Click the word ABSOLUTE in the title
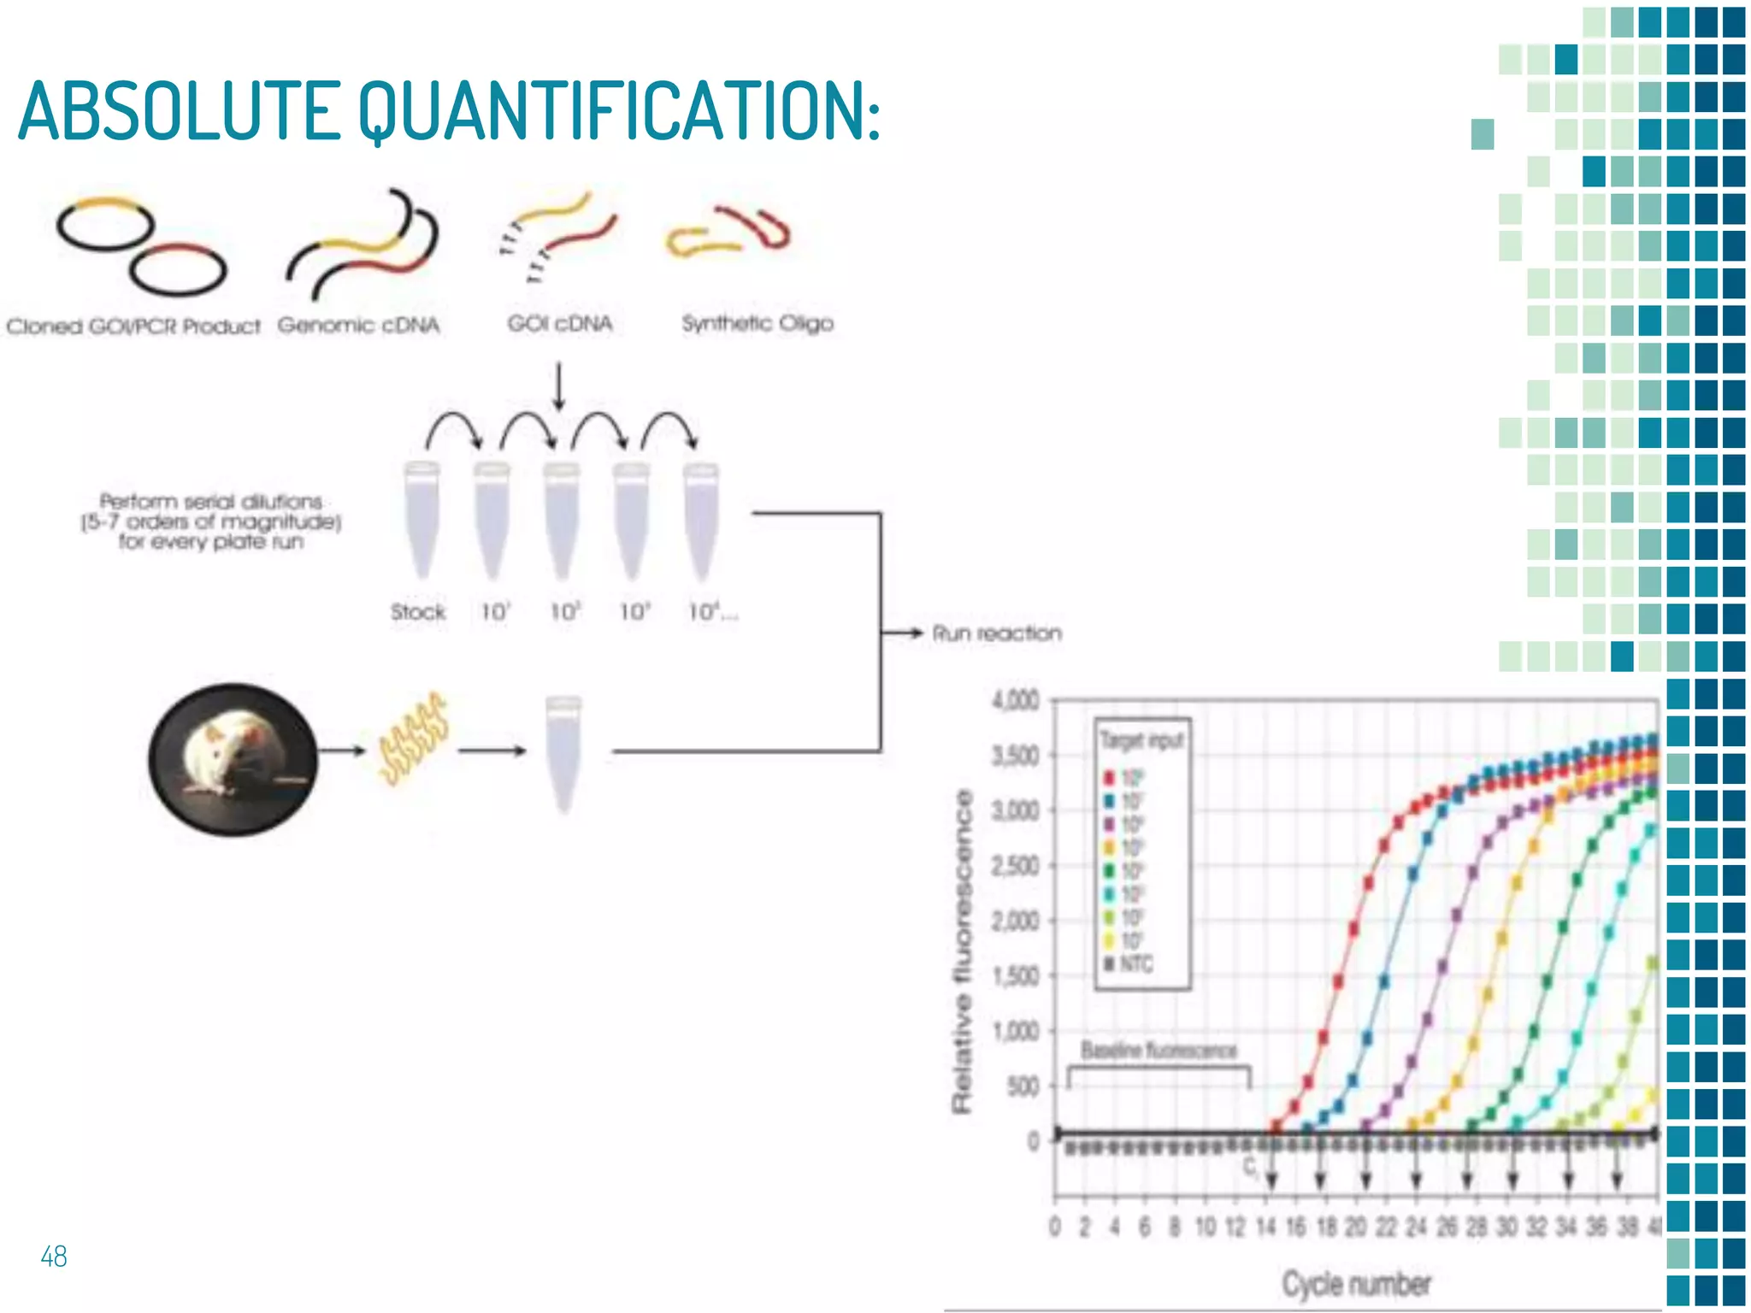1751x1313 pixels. click(180, 111)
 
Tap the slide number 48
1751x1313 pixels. click(53, 1256)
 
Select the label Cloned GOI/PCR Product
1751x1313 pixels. click(133, 327)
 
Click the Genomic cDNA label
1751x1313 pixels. click(358, 325)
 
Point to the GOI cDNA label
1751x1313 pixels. click(559, 324)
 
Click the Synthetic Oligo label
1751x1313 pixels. click(757, 323)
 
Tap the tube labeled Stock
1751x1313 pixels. click(421, 521)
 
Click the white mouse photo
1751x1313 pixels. click(233, 758)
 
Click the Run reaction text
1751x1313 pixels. click(996, 633)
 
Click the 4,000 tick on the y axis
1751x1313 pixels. click(1015, 701)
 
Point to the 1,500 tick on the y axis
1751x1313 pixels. click(1015, 975)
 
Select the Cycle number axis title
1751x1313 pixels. click(1355, 1283)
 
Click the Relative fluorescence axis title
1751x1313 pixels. click(963, 951)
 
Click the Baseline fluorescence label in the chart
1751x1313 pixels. click(1158, 1050)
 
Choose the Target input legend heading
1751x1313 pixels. click(1141, 740)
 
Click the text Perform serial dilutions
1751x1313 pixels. click(211, 502)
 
